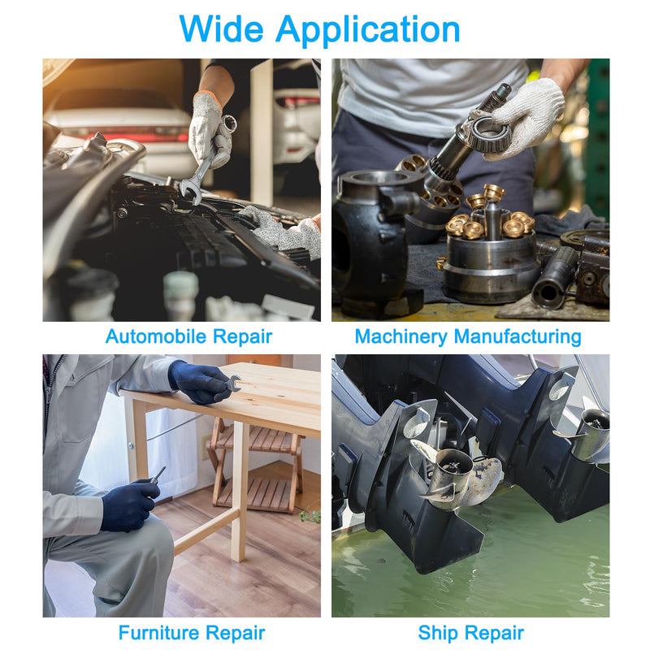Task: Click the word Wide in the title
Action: click(x=221, y=28)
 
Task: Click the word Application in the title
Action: click(x=368, y=30)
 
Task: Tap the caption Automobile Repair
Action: click(x=188, y=336)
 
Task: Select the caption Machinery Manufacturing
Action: click(x=468, y=336)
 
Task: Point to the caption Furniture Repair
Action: click(x=192, y=633)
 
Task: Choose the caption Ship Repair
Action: click(x=471, y=633)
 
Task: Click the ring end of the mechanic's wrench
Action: click(x=228, y=123)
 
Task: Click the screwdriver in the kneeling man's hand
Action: click(x=157, y=476)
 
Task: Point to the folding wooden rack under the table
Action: click(x=256, y=464)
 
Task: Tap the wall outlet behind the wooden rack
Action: click(x=206, y=447)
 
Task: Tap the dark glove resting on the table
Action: click(x=200, y=382)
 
